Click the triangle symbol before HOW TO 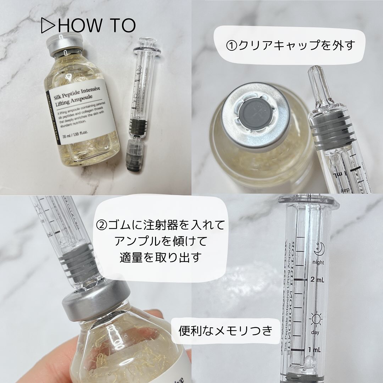point(47,25)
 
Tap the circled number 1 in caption point(233,45)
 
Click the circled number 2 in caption point(102,225)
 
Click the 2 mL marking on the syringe point(317,280)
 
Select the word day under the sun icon point(315,333)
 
